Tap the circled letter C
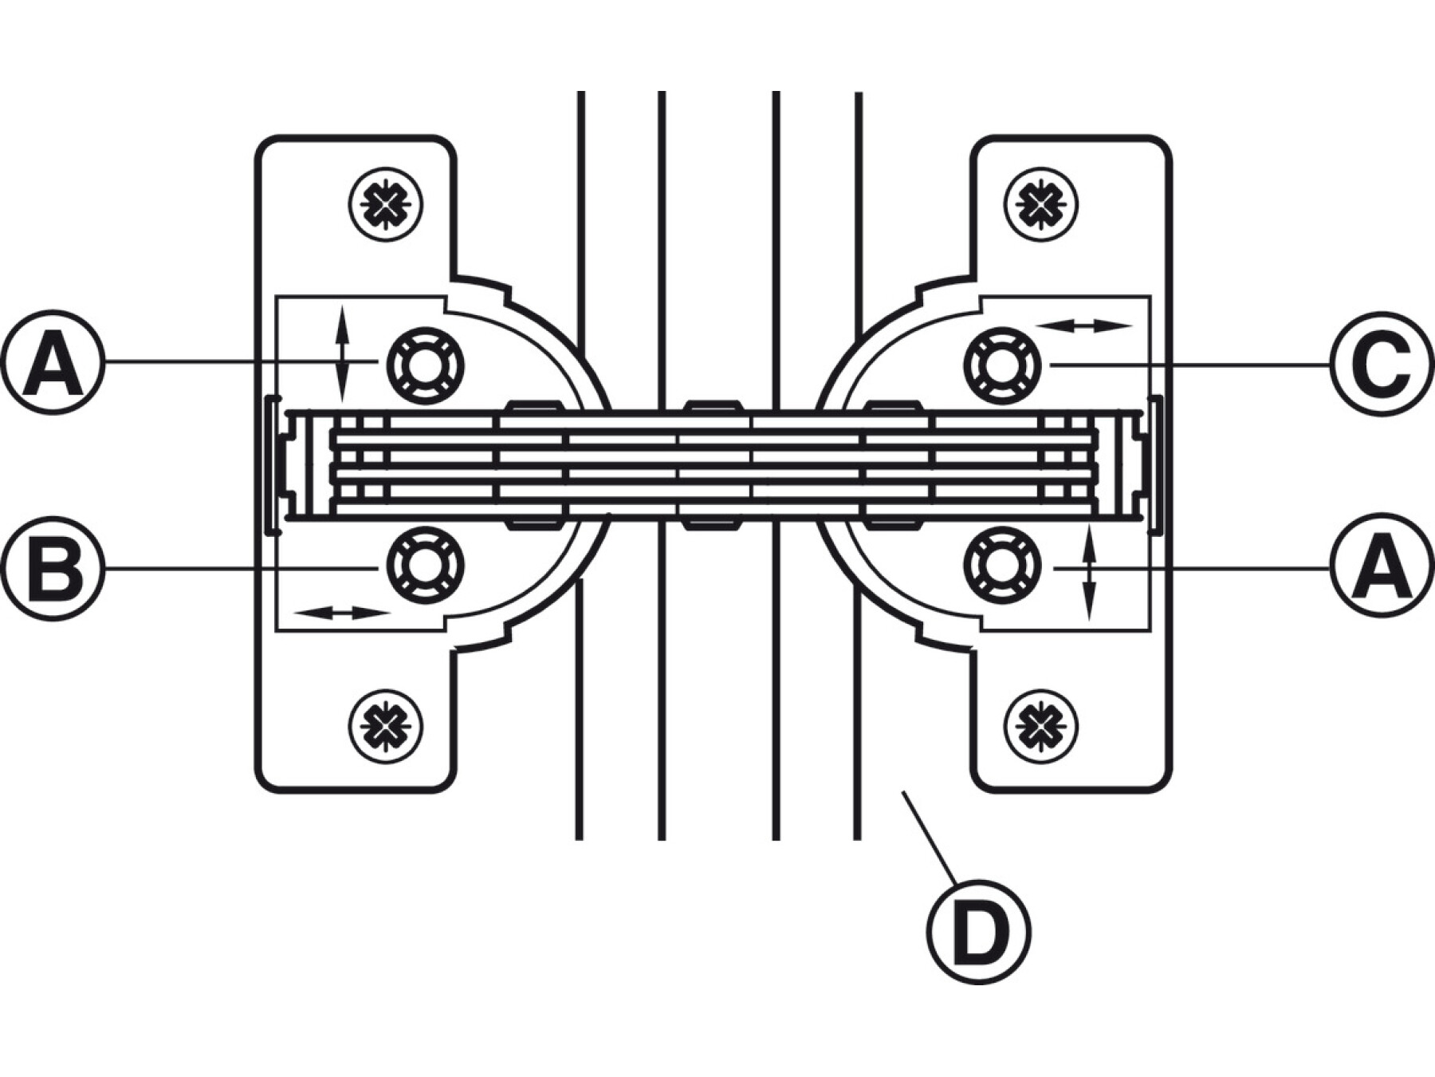[1382, 363]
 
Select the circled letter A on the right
[1382, 567]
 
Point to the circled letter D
[979, 932]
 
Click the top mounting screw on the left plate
[386, 206]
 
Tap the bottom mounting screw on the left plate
[386, 726]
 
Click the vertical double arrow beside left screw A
[342, 353]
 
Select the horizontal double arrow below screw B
[342, 613]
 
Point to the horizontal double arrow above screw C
[1083, 325]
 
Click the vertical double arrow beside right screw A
[1091, 572]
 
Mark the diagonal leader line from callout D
[929, 837]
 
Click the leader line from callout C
[1190, 365]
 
